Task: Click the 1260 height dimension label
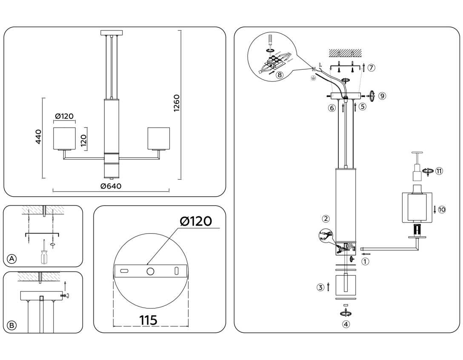[177, 103]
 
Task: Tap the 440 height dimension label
[38, 137]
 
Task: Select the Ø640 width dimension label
[111, 186]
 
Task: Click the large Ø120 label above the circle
[195, 221]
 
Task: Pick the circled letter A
[12, 259]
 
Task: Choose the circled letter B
[12, 326]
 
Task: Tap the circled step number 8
[279, 75]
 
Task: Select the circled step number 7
[372, 67]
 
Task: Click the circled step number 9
[382, 96]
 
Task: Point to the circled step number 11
[439, 171]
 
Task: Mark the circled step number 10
[442, 209]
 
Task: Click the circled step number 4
[346, 324]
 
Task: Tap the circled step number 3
[320, 287]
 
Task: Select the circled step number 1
[365, 262]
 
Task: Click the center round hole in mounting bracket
[151, 271]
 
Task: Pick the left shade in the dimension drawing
[64, 138]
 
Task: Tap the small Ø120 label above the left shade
[64, 117]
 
